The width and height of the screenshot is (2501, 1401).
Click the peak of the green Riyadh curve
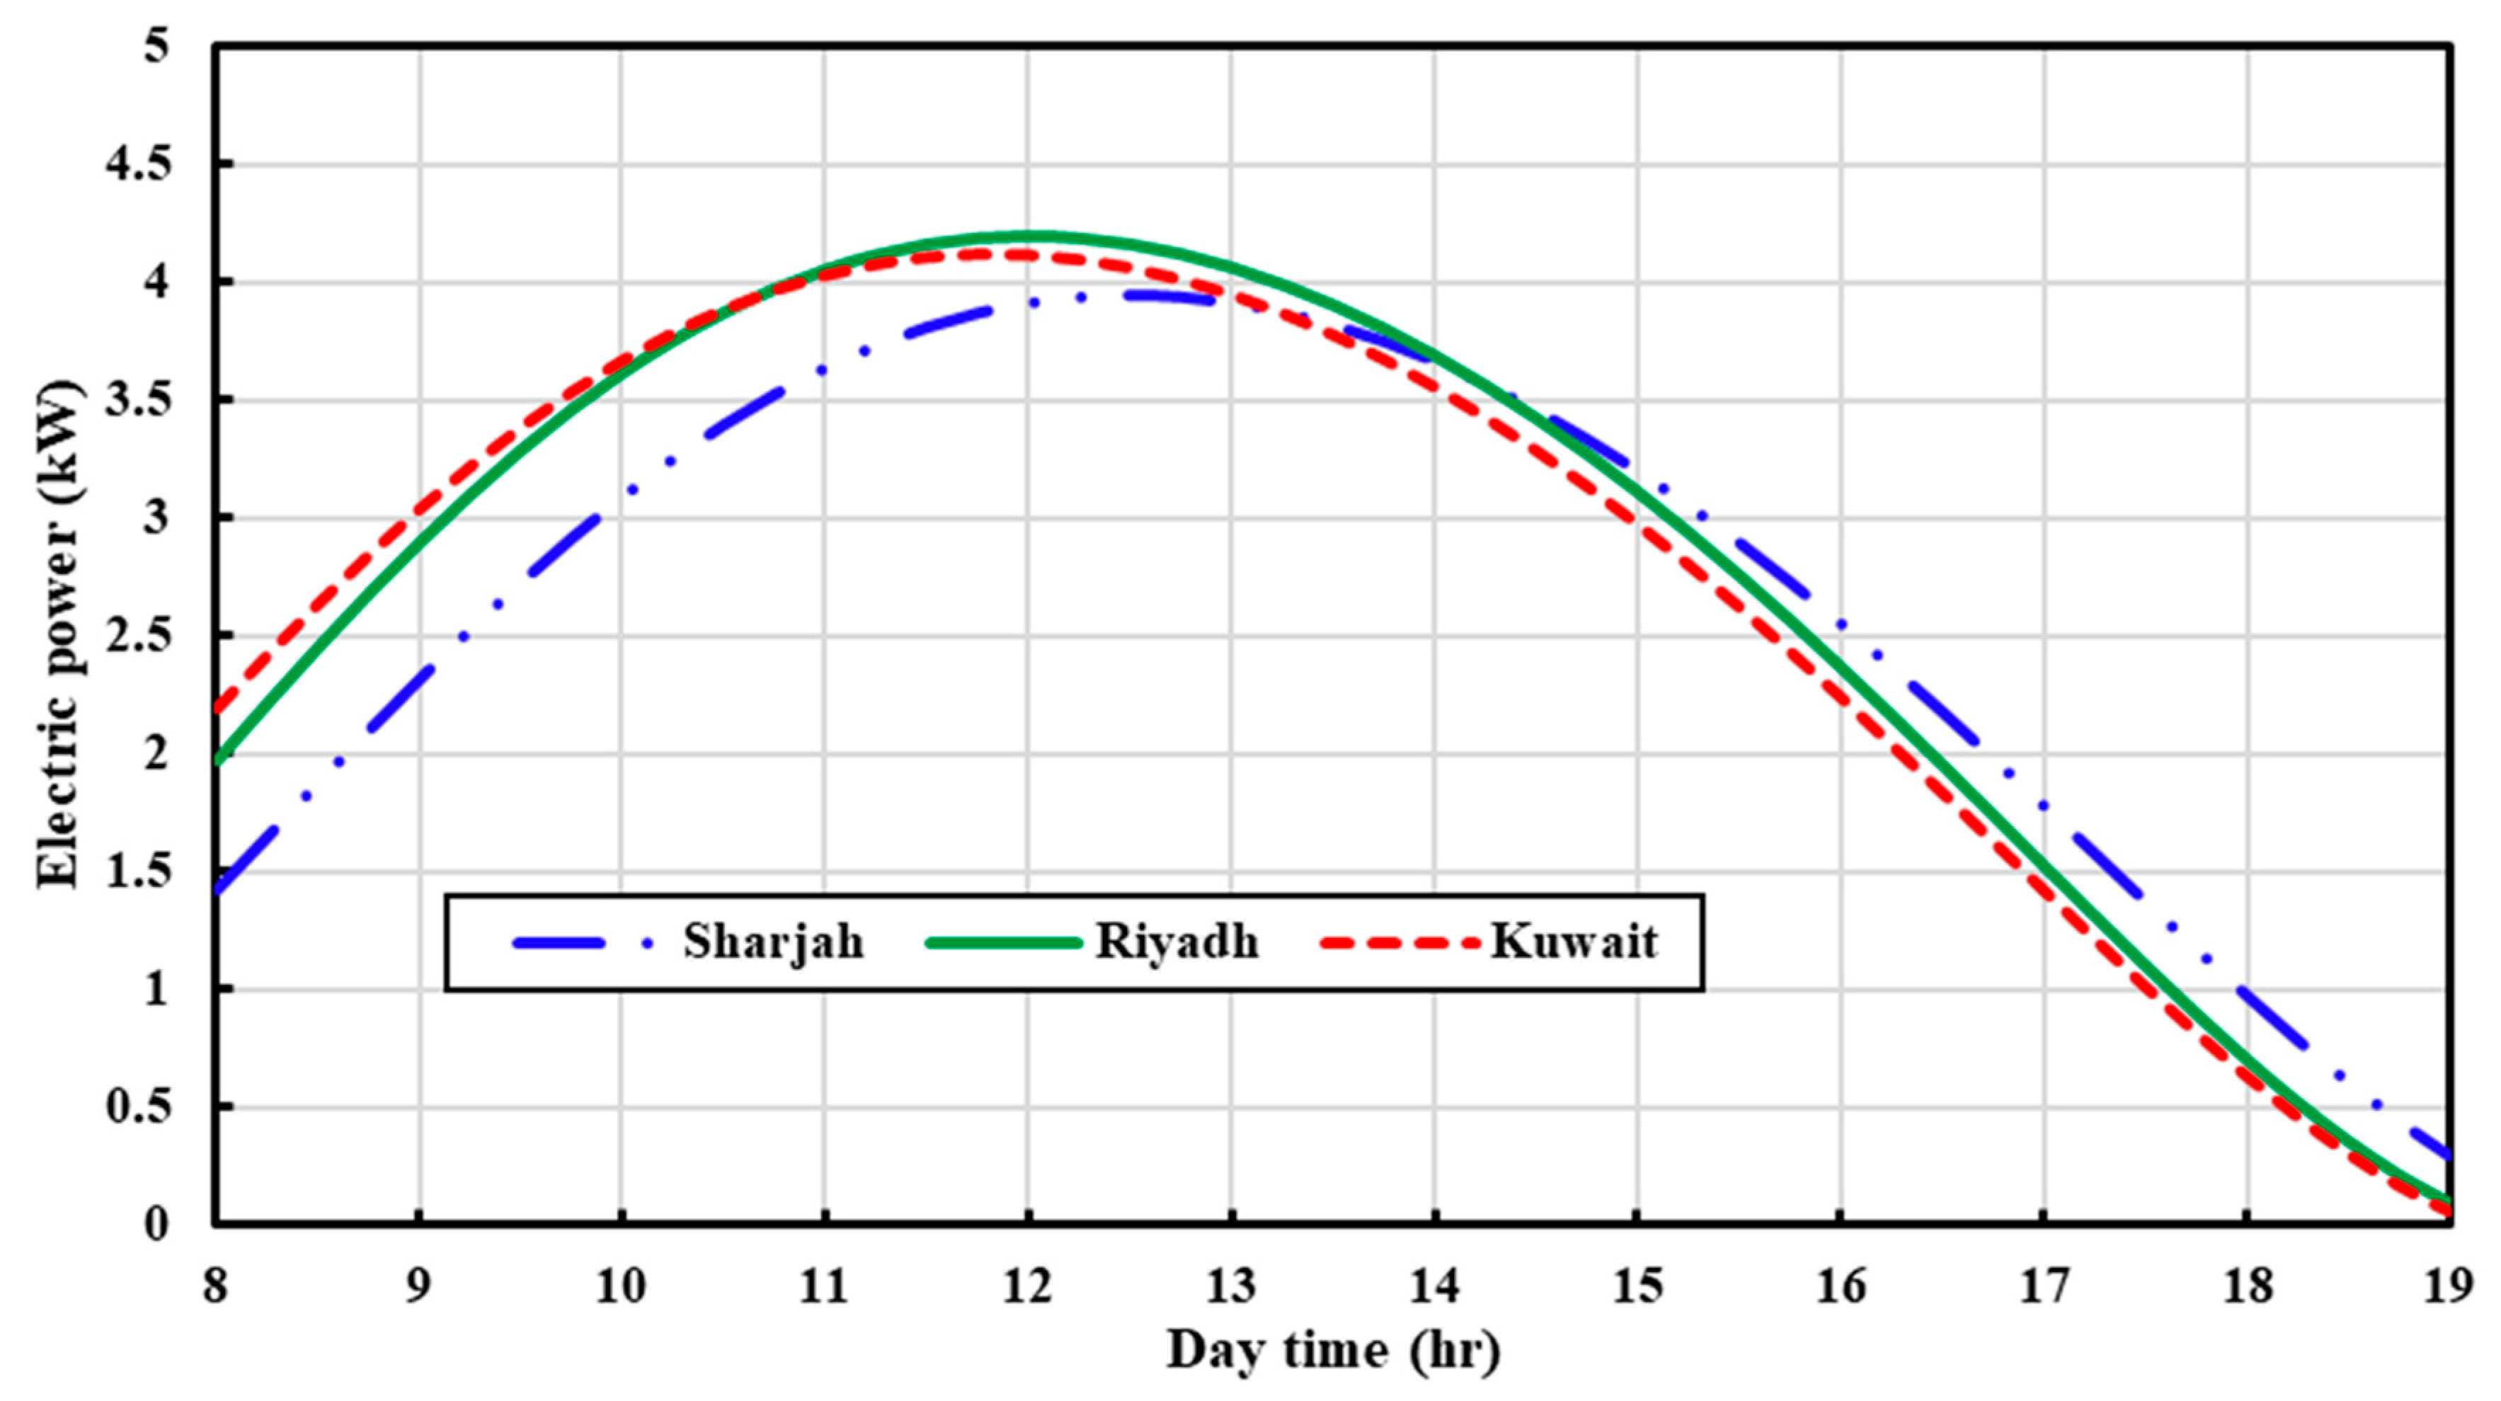[x=1029, y=236]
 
